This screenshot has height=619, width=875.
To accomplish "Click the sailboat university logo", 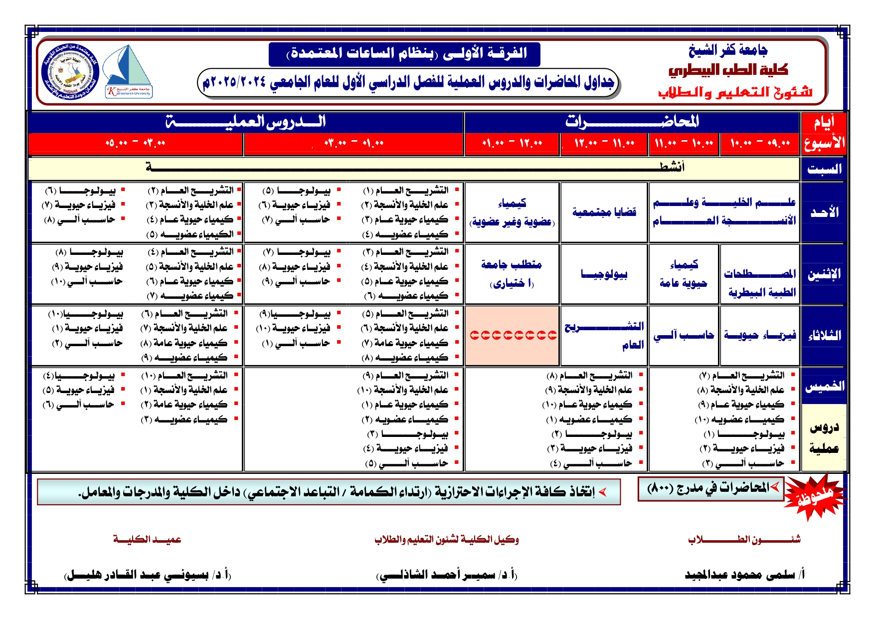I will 128,71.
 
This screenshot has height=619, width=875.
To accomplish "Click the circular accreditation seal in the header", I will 70,71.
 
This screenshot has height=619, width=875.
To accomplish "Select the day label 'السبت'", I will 824,169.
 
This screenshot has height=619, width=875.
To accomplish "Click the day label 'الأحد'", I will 824,212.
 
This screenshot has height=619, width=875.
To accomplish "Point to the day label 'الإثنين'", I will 824,274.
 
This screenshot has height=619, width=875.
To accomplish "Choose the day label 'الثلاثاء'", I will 824,335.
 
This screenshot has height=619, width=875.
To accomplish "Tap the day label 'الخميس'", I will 824,386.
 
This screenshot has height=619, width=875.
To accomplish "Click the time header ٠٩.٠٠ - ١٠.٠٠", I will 760,144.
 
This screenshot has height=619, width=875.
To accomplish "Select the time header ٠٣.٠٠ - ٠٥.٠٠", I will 136,144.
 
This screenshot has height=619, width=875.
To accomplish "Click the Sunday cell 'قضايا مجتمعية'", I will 604,212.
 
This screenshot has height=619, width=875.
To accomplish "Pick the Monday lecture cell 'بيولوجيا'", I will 604,274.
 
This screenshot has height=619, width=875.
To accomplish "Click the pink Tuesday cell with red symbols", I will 512,335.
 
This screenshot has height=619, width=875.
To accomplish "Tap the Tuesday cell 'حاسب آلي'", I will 684,335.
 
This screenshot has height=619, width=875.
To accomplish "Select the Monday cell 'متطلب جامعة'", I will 512,274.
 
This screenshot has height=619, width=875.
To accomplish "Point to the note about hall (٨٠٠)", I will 710,488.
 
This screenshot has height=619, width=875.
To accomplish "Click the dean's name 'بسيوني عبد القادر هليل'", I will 148,575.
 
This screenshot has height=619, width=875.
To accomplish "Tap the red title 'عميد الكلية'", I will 147,539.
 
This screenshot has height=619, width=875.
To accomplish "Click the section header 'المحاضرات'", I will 632,121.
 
